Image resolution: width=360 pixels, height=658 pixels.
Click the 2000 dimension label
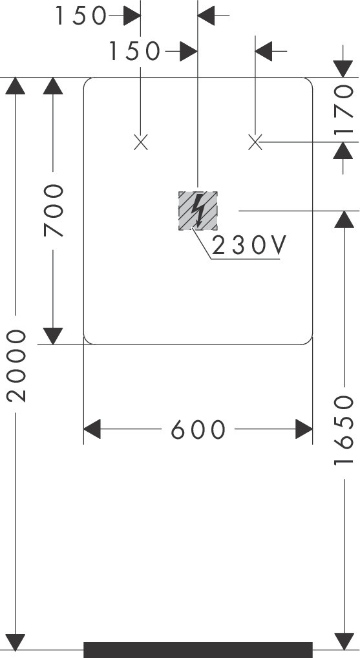point(17,366)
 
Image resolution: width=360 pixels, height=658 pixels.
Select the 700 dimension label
point(54,211)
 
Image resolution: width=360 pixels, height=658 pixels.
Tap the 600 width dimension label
point(198,430)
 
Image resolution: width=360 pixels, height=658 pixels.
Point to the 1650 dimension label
point(344,430)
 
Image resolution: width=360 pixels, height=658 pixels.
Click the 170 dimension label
point(344,109)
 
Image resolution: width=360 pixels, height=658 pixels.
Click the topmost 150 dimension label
point(81,16)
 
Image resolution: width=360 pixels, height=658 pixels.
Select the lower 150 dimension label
point(134,52)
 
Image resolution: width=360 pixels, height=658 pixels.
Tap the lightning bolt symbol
point(197,210)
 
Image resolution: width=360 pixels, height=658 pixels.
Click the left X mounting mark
point(141,142)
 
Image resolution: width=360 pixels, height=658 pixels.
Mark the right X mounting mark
point(255,142)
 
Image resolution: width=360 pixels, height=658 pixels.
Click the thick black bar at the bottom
point(198,650)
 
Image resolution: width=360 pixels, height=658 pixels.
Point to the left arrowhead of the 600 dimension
point(92,429)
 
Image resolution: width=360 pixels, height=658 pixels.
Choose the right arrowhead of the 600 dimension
point(304,429)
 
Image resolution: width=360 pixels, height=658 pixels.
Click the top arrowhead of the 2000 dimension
point(16,85)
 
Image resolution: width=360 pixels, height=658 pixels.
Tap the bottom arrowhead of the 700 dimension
point(53,336)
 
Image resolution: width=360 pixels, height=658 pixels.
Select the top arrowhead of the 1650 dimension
point(344,219)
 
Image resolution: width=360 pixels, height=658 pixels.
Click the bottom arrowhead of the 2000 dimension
point(16,642)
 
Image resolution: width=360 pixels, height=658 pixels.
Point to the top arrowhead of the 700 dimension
point(53,85)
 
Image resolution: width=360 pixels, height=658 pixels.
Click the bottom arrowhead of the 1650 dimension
point(344,642)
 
